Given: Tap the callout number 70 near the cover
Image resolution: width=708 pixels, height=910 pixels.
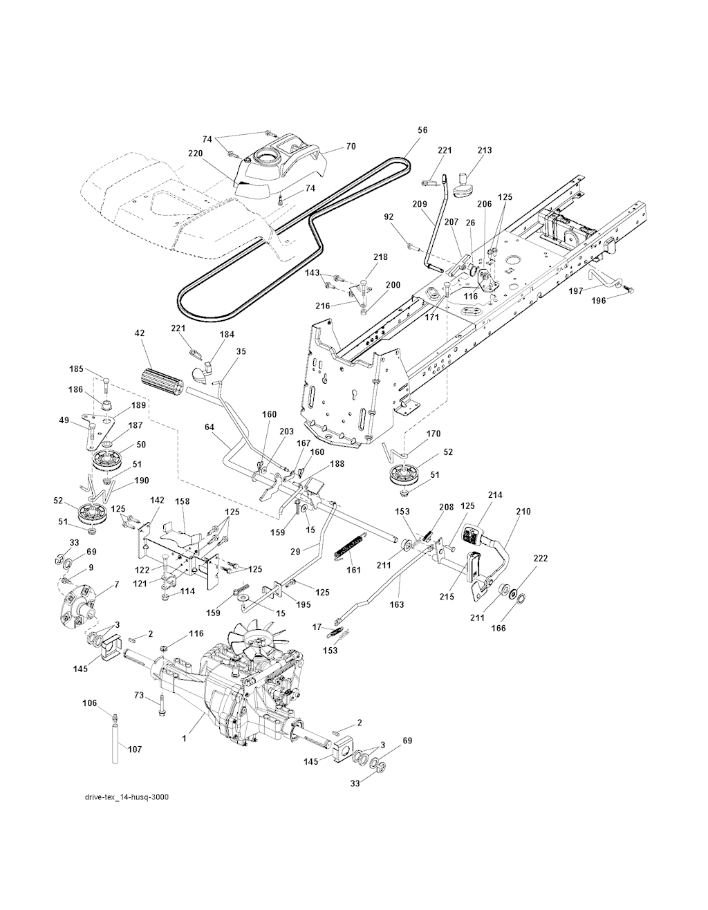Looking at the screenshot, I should tap(351, 147).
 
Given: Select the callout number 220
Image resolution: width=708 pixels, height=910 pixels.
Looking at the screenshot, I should tap(196, 154).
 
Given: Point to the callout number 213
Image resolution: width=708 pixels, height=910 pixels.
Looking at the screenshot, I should tap(485, 150).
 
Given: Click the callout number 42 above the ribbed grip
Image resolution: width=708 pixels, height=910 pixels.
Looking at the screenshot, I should tap(139, 333).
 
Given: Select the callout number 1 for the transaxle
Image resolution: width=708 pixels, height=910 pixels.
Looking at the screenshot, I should tap(185, 739).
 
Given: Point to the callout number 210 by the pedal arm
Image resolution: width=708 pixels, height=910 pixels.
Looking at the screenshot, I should tap(523, 512).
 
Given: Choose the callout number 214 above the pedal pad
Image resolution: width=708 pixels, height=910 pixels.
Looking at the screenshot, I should tap(496, 495).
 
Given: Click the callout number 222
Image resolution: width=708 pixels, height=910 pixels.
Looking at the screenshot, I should tap(541, 558).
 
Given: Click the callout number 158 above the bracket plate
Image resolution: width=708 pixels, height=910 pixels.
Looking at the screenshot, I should tap(182, 501).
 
